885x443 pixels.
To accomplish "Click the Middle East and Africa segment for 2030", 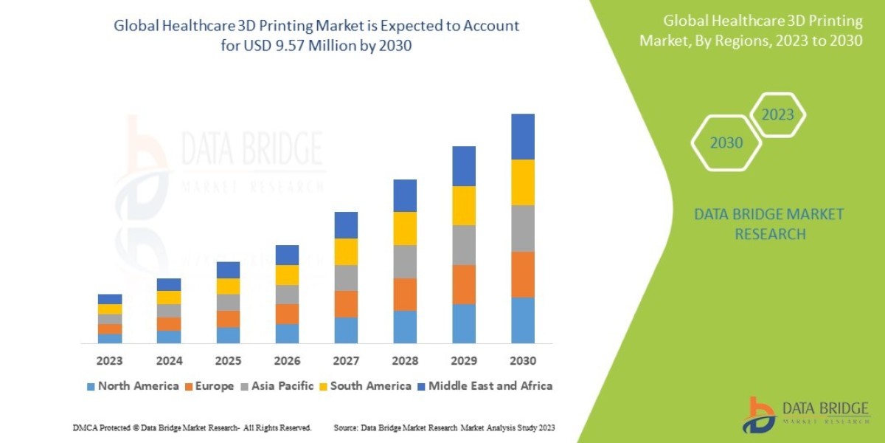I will point(522,137).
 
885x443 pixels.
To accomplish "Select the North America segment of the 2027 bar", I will point(346,330).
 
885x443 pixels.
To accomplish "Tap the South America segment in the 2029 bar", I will point(464,205).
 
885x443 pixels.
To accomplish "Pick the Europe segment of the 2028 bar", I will point(405,294).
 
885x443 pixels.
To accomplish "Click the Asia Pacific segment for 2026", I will point(287,295).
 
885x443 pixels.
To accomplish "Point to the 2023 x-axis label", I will point(109,361).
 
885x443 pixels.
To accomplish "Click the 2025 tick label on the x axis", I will point(228,361).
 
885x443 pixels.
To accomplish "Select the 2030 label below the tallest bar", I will point(522,361).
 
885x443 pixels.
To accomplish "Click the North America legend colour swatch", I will point(91,386).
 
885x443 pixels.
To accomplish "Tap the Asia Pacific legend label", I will point(282,386).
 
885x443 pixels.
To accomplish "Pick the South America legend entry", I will point(370,386).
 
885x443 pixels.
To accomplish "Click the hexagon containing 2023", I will point(777,114).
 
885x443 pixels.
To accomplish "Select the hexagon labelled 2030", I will point(726,142).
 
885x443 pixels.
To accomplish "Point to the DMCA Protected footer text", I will point(192,427).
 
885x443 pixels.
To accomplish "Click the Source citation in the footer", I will point(444,427).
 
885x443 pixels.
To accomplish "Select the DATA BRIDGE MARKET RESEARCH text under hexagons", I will point(769,224).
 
